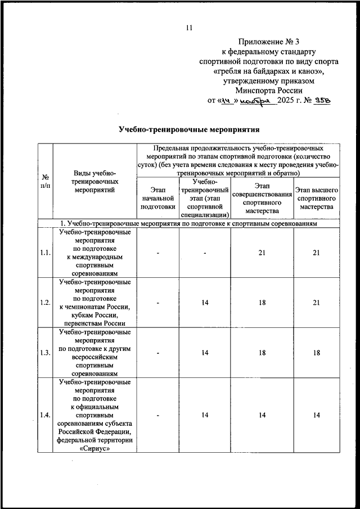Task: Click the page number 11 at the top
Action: (189, 28)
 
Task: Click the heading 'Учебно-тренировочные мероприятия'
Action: (185, 128)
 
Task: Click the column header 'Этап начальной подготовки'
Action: (159, 198)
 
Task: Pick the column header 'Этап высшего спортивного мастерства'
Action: (317, 198)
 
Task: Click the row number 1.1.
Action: (46, 253)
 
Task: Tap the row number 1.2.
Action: (46, 303)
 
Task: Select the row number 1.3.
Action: (46, 352)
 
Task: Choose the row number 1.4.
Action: (46, 415)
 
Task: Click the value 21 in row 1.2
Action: (317, 303)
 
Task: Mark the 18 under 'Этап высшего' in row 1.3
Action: (317, 352)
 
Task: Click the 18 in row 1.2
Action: (262, 303)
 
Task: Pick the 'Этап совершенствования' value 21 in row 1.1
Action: (262, 253)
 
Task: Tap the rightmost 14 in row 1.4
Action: (317, 415)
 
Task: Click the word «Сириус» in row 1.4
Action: (95, 449)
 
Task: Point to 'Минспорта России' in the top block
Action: (270, 90)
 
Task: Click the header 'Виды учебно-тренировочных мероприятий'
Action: (94, 181)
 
